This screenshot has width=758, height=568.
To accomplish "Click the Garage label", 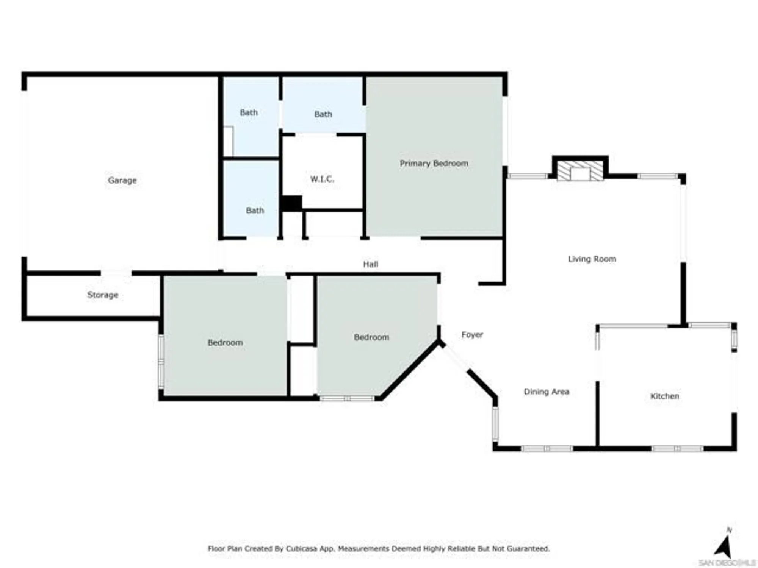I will pyautogui.click(x=122, y=180).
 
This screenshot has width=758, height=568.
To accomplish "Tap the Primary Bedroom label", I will pyautogui.click(x=434, y=163).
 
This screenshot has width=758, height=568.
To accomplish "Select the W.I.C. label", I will pyautogui.click(x=322, y=179).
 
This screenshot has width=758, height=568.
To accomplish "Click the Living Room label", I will pyautogui.click(x=592, y=259).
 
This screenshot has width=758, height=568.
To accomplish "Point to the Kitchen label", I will pyautogui.click(x=664, y=396).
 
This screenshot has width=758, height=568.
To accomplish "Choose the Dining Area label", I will pyautogui.click(x=547, y=392).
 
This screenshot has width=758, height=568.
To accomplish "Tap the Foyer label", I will pyautogui.click(x=472, y=335).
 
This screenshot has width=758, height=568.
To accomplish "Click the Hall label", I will pyautogui.click(x=370, y=264).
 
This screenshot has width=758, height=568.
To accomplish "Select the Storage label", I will pyautogui.click(x=103, y=295).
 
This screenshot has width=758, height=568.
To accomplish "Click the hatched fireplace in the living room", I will pyautogui.click(x=580, y=171).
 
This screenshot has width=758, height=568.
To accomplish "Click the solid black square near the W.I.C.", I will pyautogui.click(x=291, y=203).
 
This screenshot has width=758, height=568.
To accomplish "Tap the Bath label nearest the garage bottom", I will pyautogui.click(x=255, y=211).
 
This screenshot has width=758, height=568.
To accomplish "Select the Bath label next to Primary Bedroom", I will pyautogui.click(x=323, y=114).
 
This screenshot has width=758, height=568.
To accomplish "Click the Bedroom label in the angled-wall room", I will pyautogui.click(x=371, y=337).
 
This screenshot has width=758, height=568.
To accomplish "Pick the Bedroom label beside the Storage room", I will pyautogui.click(x=225, y=343).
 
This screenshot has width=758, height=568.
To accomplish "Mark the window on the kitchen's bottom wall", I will pyautogui.click(x=677, y=449).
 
